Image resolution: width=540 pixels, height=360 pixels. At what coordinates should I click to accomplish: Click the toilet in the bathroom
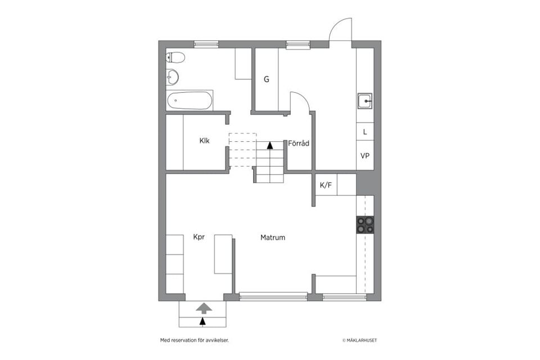175,57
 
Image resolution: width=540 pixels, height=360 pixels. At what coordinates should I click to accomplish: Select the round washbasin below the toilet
172,76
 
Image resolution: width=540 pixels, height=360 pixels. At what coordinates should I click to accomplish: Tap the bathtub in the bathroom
190,100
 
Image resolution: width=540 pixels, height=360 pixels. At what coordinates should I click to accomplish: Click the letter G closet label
266,79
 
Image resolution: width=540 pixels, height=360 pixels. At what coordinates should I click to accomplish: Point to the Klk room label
204,141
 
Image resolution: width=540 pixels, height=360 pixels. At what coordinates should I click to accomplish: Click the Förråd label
299,143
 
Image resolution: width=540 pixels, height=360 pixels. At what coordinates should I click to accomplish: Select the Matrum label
273,237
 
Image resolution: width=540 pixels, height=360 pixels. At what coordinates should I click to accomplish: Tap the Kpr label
199,237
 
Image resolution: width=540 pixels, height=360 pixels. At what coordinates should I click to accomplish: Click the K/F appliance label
326,185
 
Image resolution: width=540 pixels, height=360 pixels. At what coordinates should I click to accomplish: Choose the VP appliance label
365,156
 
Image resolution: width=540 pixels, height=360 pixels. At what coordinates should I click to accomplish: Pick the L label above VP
365,132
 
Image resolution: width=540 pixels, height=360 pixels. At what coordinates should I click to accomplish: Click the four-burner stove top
365,224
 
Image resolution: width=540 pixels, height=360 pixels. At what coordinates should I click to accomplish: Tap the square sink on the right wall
364,101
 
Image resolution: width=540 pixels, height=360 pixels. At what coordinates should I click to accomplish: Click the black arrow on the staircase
270,145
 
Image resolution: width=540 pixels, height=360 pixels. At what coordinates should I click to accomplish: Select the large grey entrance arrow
204,308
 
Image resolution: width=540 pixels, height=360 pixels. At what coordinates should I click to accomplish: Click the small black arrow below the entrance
202,321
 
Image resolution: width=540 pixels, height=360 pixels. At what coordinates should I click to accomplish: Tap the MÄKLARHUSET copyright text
359,340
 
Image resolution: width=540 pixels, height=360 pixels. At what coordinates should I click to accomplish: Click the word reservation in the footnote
183,340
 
